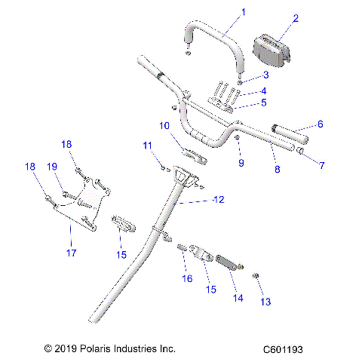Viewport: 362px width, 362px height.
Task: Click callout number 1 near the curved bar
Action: click(222, 12)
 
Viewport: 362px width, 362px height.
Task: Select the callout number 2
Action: click(275, 18)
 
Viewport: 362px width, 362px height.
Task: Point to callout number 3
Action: click(265, 76)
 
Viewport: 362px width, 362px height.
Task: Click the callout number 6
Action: click(320, 124)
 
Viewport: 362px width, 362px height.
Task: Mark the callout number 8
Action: click(277, 170)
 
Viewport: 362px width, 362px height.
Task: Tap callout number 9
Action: click(241, 162)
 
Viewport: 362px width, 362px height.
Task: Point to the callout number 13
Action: click(264, 302)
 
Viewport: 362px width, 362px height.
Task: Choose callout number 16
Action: click(188, 279)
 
